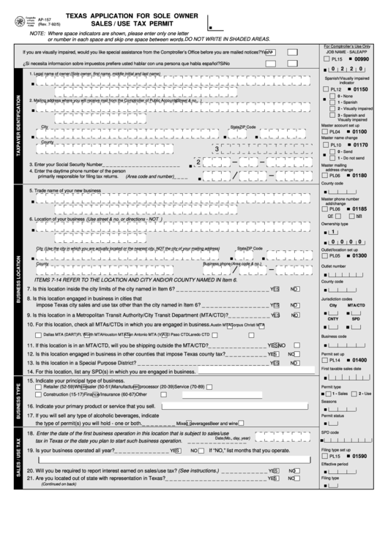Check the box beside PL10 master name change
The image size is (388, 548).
[326, 146]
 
